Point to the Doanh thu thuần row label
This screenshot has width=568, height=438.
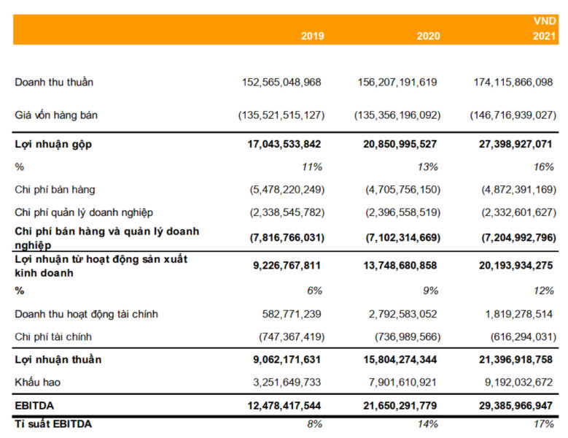[x=54, y=82]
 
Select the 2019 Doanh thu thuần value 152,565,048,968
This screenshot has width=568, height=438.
[x=281, y=82]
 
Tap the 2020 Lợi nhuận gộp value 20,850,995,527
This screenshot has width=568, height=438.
[x=400, y=145]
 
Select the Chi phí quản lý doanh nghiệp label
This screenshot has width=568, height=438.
[x=84, y=212]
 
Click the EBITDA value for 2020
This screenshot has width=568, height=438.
[x=400, y=405]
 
